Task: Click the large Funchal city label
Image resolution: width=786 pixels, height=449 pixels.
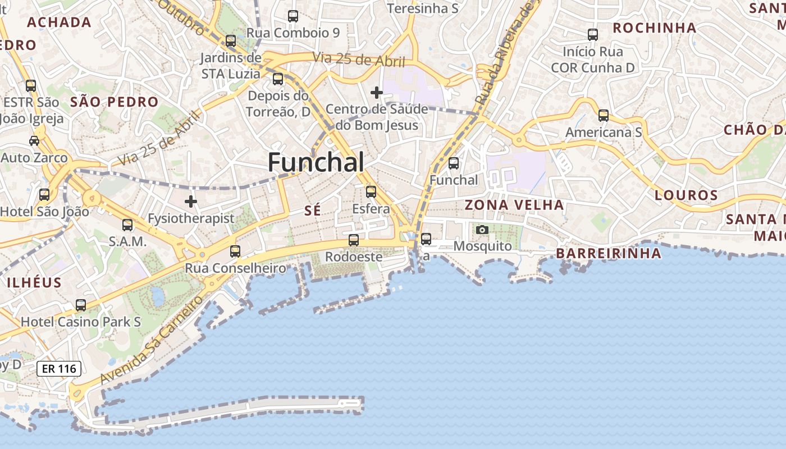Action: (x=316, y=162)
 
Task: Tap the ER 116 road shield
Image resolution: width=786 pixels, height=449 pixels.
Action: (x=59, y=369)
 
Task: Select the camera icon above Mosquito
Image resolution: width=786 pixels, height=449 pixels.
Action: (x=482, y=230)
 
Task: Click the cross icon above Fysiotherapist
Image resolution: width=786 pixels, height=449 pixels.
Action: (x=191, y=201)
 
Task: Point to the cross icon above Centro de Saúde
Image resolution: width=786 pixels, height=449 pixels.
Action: (x=377, y=92)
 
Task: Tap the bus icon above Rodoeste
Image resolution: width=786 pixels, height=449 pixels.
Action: (x=354, y=240)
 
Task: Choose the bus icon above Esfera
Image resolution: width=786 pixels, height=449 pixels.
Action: (x=371, y=192)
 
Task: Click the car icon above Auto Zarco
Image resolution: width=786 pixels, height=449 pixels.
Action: (x=34, y=140)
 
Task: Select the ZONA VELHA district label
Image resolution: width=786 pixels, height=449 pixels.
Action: (x=514, y=205)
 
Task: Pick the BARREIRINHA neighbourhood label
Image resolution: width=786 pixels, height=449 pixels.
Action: (x=609, y=253)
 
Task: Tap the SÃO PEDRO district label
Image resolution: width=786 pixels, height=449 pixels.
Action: (x=115, y=102)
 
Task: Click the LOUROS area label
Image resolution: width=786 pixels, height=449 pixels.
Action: (x=686, y=195)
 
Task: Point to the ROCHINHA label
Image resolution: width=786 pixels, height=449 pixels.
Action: (x=654, y=28)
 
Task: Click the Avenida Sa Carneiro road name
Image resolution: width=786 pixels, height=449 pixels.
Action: (x=152, y=340)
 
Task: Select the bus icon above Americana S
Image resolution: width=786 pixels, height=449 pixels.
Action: (x=604, y=116)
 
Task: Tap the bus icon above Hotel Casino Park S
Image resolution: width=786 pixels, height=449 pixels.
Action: (x=81, y=305)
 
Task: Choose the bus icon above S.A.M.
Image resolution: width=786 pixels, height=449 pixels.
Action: (x=127, y=225)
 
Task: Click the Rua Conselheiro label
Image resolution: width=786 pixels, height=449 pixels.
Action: (x=236, y=268)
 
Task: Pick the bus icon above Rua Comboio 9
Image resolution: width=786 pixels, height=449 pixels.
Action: (x=293, y=16)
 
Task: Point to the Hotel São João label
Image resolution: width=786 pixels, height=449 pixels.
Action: (x=45, y=212)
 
